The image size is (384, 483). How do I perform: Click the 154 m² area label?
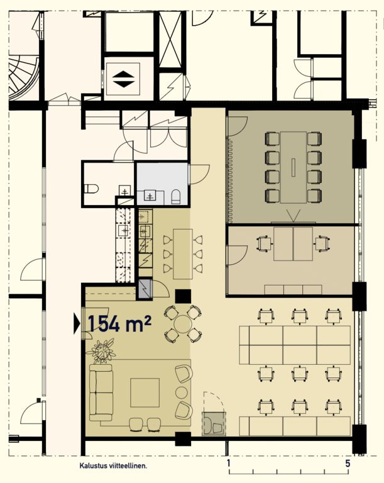(x=119, y=323)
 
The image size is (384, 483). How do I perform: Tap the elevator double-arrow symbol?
(x=123, y=79)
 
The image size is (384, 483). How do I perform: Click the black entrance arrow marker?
(x=77, y=323)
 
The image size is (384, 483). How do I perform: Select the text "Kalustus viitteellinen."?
(x=113, y=466)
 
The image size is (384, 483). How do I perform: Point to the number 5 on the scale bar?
(x=348, y=464)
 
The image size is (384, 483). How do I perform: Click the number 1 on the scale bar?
(x=229, y=464)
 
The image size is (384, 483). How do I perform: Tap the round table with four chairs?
(x=183, y=324)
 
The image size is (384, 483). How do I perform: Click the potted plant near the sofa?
(x=102, y=351)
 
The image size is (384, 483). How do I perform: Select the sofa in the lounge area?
(x=101, y=392)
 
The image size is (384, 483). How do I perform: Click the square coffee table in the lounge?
(x=145, y=392)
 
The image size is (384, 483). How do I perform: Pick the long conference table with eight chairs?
(x=293, y=167)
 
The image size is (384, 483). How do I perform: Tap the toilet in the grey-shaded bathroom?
(x=175, y=197)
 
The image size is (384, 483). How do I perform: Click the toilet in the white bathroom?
(x=91, y=188)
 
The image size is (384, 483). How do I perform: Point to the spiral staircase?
(x=23, y=77)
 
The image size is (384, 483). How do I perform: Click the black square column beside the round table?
(x=183, y=296)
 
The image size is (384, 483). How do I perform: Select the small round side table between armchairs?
(x=182, y=392)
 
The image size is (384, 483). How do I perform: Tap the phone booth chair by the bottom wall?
(x=217, y=427)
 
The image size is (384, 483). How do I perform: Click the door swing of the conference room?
(x=238, y=126)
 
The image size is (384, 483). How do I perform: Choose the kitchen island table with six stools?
(x=183, y=254)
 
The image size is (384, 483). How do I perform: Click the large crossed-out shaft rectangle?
(x=170, y=40)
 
